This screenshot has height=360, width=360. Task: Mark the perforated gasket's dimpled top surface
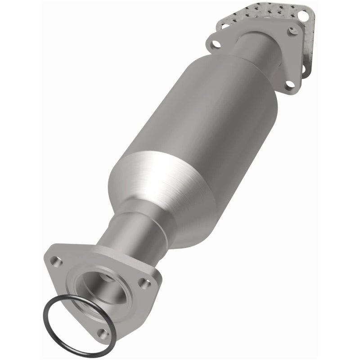coord(261,11)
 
